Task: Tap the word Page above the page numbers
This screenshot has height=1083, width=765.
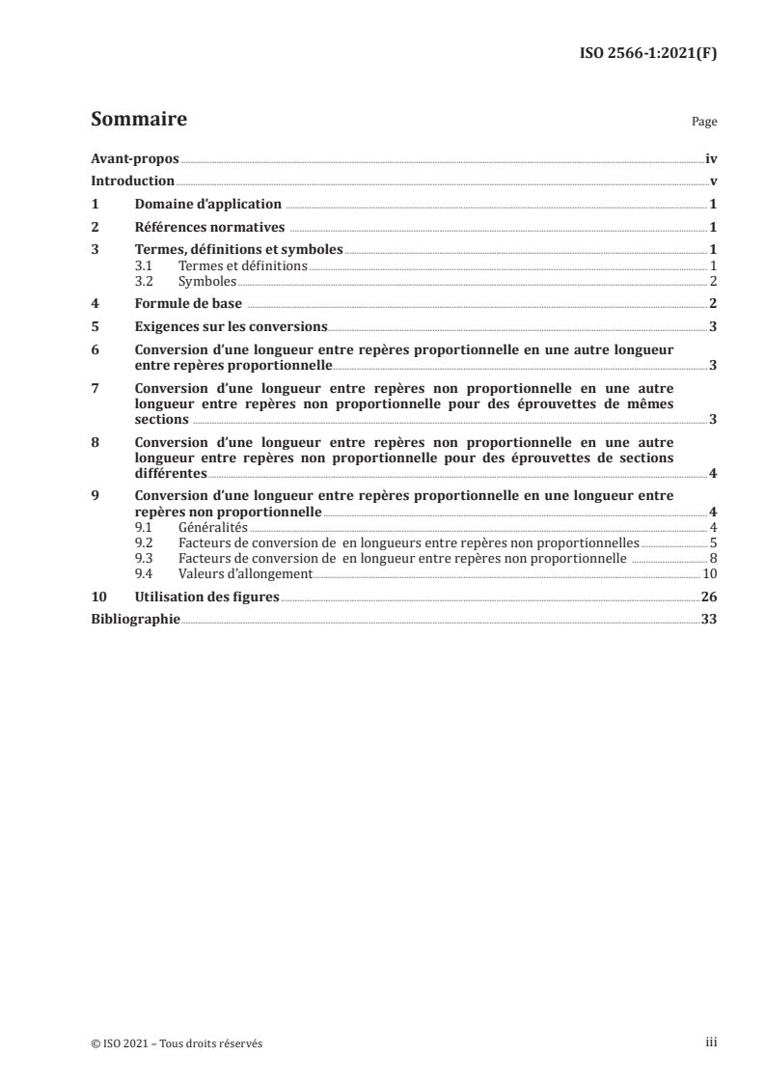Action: click(x=704, y=124)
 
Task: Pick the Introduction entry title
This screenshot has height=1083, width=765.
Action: click(x=132, y=180)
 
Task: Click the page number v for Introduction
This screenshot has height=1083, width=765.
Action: click(x=713, y=180)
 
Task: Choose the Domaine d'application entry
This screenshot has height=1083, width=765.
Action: click(x=207, y=204)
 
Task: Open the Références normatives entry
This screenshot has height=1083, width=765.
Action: click(x=209, y=227)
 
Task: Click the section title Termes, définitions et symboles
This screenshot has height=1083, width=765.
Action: click(x=238, y=250)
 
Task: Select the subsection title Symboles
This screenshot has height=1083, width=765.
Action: click(x=207, y=281)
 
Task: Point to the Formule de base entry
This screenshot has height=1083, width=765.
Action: click(x=187, y=303)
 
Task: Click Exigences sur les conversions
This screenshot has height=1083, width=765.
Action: click(x=232, y=326)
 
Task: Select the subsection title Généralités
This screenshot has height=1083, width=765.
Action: click(x=213, y=526)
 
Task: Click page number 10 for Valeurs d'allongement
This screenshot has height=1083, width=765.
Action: click(x=709, y=572)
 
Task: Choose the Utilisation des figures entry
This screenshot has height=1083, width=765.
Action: click(x=206, y=597)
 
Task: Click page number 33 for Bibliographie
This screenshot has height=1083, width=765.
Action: click(x=709, y=619)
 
